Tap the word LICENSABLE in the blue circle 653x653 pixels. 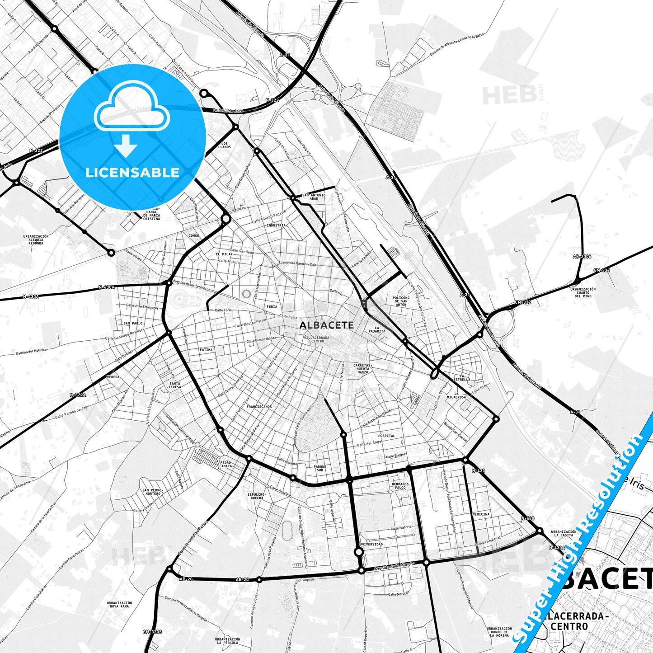pyautogui.click(x=132, y=173)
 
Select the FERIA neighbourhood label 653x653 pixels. pyautogui.click(x=272, y=307)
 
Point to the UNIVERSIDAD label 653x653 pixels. pyautogui.click(x=371, y=544)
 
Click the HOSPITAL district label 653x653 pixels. pyautogui.click(x=386, y=436)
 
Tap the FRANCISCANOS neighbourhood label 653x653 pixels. pyautogui.click(x=259, y=407)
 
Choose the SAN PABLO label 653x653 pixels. pyautogui.click(x=133, y=324)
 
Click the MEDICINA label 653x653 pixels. pyautogui.click(x=481, y=514)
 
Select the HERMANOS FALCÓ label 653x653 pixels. pyautogui.click(x=400, y=486)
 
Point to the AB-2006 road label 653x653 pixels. pyautogui.click(x=582, y=256)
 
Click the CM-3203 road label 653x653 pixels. pyautogui.click(x=151, y=631)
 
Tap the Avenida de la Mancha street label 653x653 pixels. pyautogui.click(x=396, y=565)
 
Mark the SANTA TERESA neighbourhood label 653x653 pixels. pyautogui.click(x=175, y=385)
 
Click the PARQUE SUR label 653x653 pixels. pyautogui.click(x=319, y=468)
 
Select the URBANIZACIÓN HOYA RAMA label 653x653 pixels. pyautogui.click(x=119, y=604)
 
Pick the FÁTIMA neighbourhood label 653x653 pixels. pyautogui.click(x=206, y=349)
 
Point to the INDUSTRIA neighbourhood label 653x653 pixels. pyautogui.click(x=276, y=225)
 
